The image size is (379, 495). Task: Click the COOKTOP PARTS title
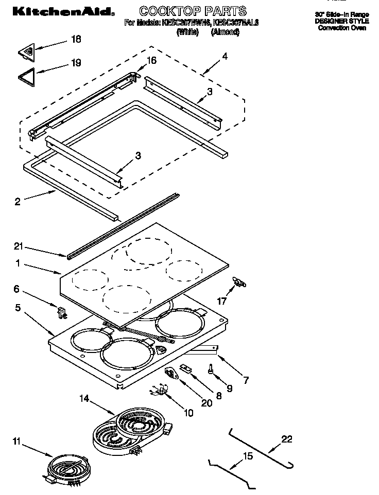[x=193, y=10]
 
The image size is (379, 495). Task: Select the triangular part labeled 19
[x=28, y=76]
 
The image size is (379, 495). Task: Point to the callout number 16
[x=151, y=60]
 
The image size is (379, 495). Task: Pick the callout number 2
[x=18, y=202]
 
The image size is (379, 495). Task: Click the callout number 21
[x=19, y=247]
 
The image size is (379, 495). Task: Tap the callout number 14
[x=84, y=398]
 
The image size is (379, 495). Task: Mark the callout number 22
[x=286, y=438]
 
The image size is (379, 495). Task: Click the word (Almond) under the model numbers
[x=225, y=32]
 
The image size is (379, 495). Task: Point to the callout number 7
[x=246, y=381]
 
